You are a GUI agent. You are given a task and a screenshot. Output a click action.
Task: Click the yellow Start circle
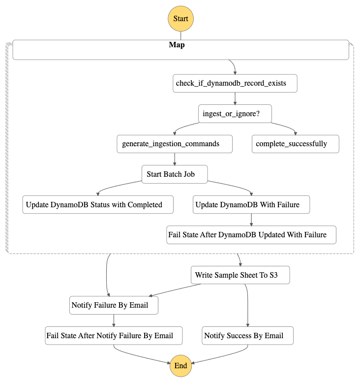(180, 19)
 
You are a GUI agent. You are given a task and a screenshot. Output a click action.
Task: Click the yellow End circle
(180, 365)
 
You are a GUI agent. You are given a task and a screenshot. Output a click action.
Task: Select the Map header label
(177, 45)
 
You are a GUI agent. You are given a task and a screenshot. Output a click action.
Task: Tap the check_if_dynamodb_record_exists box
(236, 83)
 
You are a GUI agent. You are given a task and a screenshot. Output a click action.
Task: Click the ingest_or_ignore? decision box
(235, 114)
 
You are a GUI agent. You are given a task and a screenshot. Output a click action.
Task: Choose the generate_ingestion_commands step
(174, 144)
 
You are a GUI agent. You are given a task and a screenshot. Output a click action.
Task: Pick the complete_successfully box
(296, 144)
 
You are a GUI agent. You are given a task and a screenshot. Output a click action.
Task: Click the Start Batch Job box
(175, 174)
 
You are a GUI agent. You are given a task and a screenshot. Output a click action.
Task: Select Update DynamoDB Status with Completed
(98, 205)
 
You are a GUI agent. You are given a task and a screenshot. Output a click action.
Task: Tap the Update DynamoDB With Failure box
(251, 205)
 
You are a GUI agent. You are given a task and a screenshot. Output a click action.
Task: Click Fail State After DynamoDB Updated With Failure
(251, 235)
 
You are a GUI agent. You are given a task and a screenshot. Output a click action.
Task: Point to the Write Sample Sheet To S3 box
(240, 275)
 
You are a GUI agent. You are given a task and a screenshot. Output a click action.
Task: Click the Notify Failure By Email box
(114, 305)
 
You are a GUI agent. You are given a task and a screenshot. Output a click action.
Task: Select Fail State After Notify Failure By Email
(114, 336)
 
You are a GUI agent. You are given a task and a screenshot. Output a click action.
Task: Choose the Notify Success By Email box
(248, 336)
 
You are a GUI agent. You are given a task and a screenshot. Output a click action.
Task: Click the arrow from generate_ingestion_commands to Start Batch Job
(175, 159)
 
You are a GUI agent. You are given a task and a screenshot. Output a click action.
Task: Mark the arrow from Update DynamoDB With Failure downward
(251, 220)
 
